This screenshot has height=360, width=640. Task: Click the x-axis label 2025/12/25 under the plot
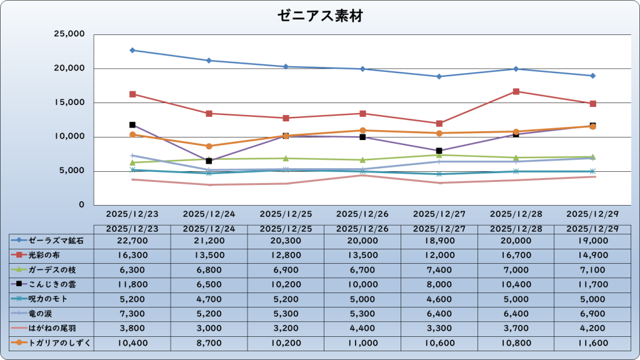[x=286, y=214]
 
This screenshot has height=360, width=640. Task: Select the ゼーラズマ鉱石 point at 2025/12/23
[x=132, y=50]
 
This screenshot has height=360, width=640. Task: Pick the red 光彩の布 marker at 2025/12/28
[x=516, y=91]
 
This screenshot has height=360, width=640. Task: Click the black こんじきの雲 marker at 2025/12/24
[x=209, y=161]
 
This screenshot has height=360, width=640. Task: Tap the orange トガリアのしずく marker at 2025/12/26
[x=362, y=131]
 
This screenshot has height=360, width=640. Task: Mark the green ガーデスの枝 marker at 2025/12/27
[x=439, y=154]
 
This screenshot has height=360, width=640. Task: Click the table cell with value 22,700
[x=132, y=241]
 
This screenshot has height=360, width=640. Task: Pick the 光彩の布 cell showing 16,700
[x=516, y=255]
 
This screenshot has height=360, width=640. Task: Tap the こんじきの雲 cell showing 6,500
[x=209, y=284]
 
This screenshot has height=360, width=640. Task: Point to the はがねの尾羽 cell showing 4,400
[x=362, y=327]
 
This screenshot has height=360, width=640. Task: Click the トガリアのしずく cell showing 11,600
[x=593, y=342]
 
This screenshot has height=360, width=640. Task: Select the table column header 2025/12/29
[x=593, y=229]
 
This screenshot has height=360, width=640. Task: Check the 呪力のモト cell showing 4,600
[x=439, y=299]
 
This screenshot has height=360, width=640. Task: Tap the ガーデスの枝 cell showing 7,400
[x=439, y=269]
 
